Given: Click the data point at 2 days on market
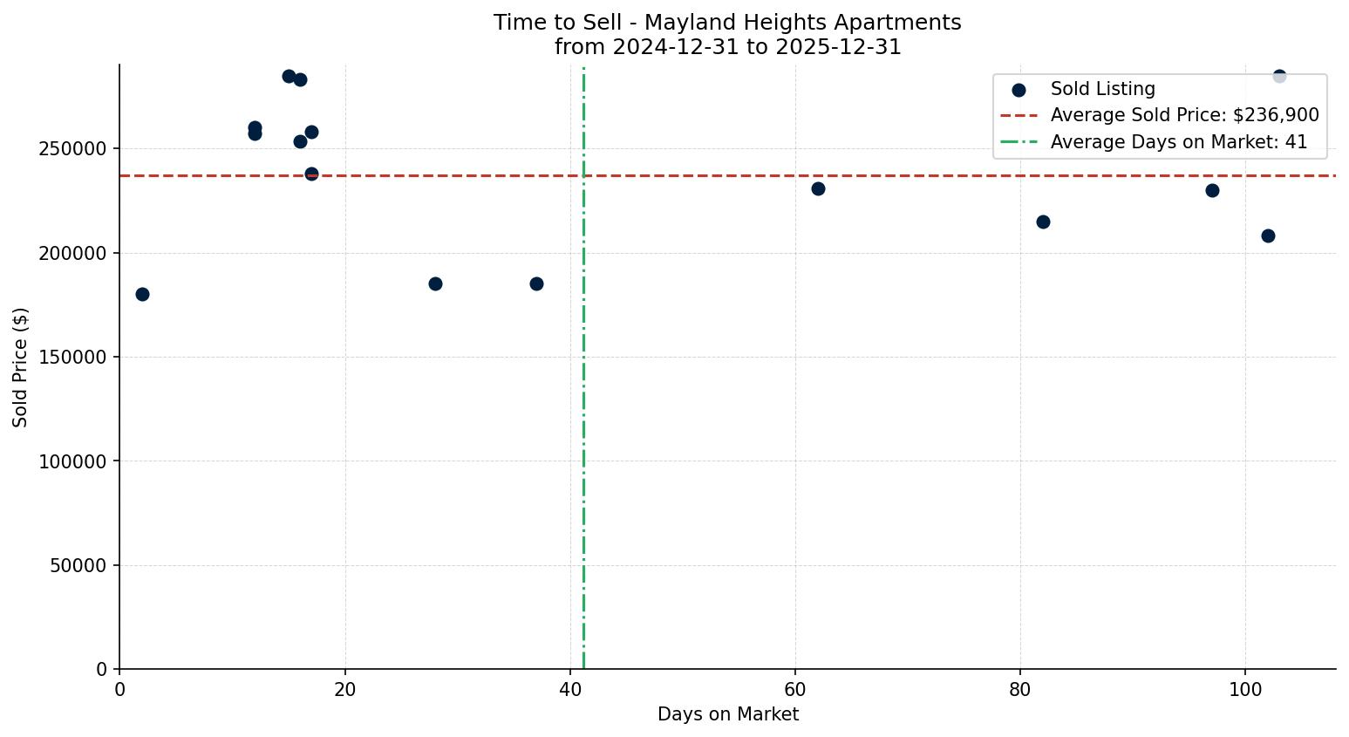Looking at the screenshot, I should click(142, 294).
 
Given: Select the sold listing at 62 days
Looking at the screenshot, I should click(818, 188).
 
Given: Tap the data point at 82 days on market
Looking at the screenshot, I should click(1043, 222).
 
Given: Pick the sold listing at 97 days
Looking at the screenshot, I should click(1212, 190).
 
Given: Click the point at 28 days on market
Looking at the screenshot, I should click(435, 283).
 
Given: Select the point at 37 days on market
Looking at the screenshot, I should click(536, 283).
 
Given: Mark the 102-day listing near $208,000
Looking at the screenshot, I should click(1268, 235).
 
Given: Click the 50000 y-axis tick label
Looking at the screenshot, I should click(78, 566).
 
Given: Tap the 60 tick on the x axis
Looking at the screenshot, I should click(795, 689).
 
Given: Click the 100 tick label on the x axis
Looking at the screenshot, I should click(1245, 689).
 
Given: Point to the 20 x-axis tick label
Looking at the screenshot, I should click(345, 689).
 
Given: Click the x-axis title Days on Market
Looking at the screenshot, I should click(727, 714).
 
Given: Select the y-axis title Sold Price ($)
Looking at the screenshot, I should click(21, 367).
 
